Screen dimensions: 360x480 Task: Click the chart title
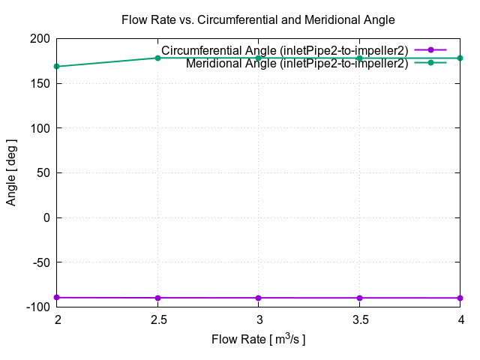(x=258, y=19)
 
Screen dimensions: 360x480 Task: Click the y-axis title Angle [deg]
(x=12, y=172)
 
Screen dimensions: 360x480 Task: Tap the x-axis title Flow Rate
(x=258, y=340)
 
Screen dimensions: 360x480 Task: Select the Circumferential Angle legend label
(x=285, y=50)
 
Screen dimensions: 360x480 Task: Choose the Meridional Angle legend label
(x=297, y=63)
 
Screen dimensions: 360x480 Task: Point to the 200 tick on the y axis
(x=40, y=39)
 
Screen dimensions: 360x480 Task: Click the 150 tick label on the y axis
(x=40, y=83)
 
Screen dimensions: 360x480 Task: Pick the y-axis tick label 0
(x=47, y=217)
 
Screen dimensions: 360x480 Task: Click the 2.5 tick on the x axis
(x=157, y=320)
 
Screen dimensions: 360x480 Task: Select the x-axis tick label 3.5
(x=359, y=320)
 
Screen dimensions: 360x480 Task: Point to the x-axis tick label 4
(x=460, y=320)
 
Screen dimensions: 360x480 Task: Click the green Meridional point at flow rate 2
(x=57, y=67)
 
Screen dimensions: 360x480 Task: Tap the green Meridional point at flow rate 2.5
(x=157, y=58)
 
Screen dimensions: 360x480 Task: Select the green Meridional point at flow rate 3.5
(x=359, y=58)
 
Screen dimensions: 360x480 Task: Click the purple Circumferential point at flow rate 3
(x=259, y=298)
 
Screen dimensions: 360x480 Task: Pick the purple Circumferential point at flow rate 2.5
(x=157, y=298)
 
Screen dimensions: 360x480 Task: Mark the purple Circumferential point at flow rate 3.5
(x=359, y=298)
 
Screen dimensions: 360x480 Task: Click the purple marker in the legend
(x=430, y=50)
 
